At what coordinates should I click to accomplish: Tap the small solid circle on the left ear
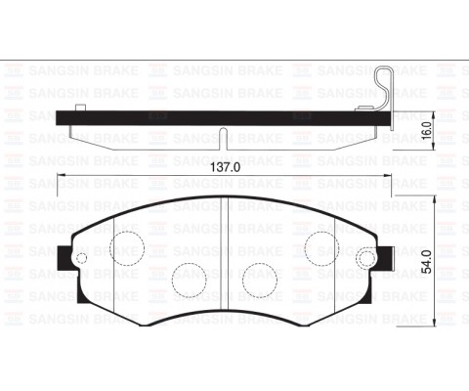tap(82, 259)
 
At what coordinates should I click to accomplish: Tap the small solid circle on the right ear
tap(367, 259)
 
